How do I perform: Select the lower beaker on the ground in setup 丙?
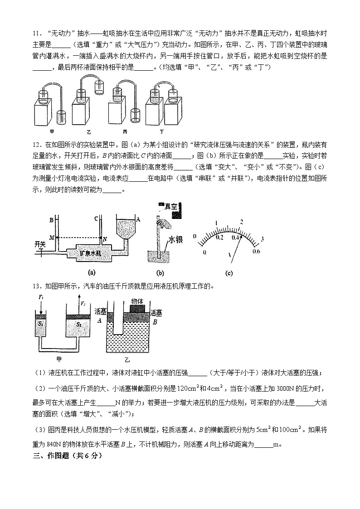pos(135,115)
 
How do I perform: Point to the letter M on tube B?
pos(51,238)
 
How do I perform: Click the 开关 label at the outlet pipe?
pos(40,244)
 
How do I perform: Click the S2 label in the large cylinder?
pos(78,324)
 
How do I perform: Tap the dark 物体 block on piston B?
pos(137,308)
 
